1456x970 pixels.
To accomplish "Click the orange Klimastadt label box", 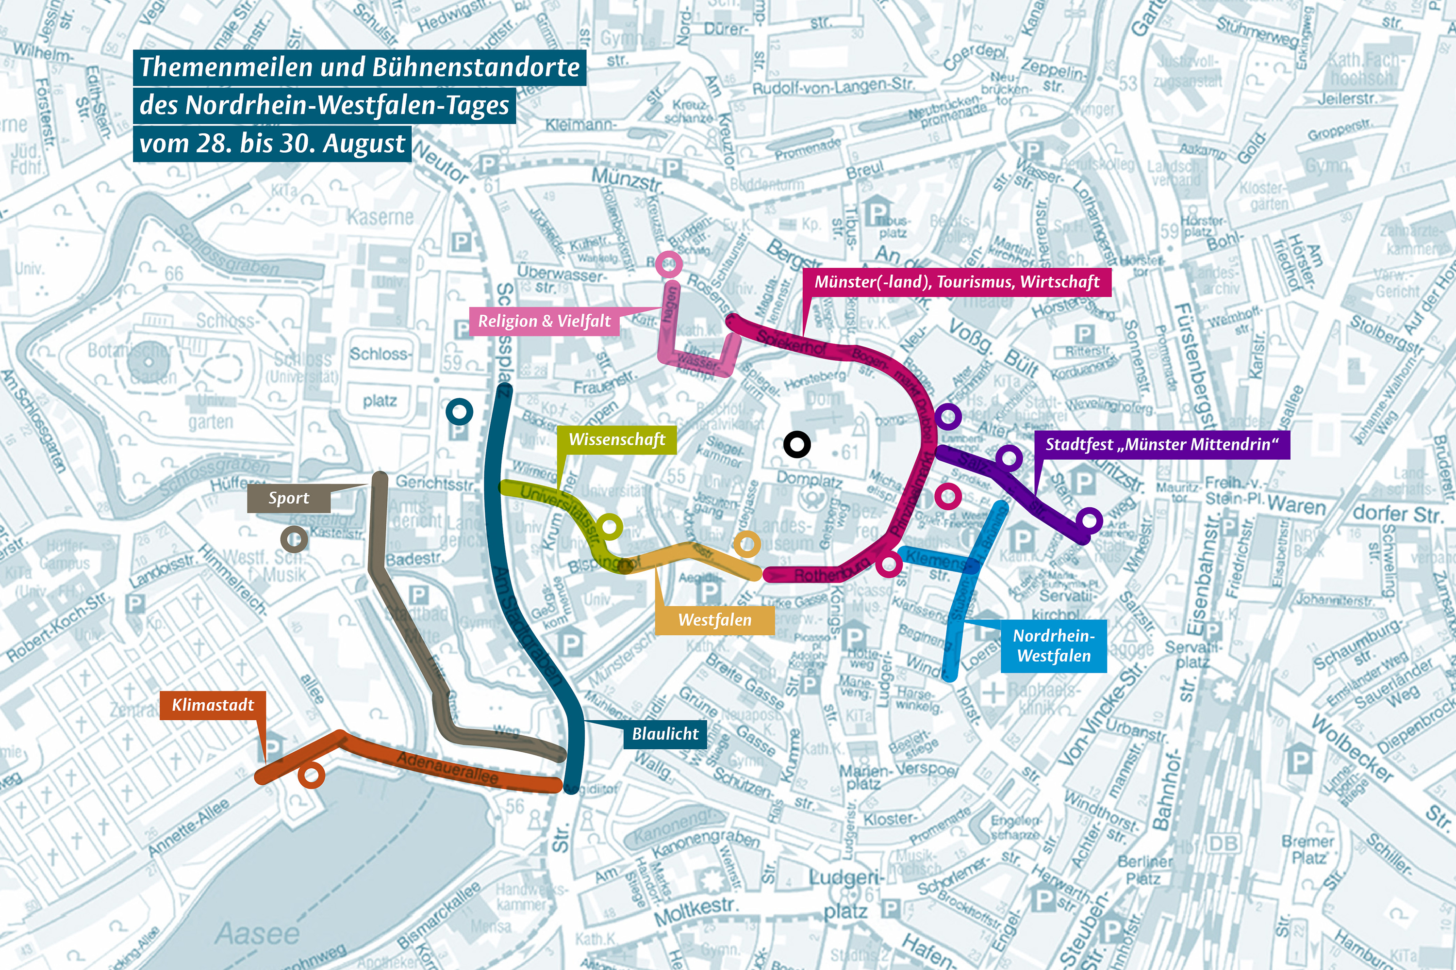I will [213, 705].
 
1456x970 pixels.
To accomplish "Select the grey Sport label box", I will [288, 499].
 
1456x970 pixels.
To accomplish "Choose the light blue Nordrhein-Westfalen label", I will [1053, 646].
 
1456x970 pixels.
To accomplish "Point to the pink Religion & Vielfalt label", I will [544, 321].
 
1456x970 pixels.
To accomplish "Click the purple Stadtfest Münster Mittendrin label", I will [1161, 445].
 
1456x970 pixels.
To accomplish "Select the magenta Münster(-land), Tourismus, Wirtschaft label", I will [957, 282].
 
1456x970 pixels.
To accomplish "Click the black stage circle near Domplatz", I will [797, 444].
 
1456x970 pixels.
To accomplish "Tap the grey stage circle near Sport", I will [294, 539].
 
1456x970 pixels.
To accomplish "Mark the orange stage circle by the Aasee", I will [311, 775].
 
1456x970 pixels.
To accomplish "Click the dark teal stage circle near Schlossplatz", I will [459, 411].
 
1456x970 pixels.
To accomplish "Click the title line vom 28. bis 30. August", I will [272, 144].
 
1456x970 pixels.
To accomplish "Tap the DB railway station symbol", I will [1223, 843].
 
